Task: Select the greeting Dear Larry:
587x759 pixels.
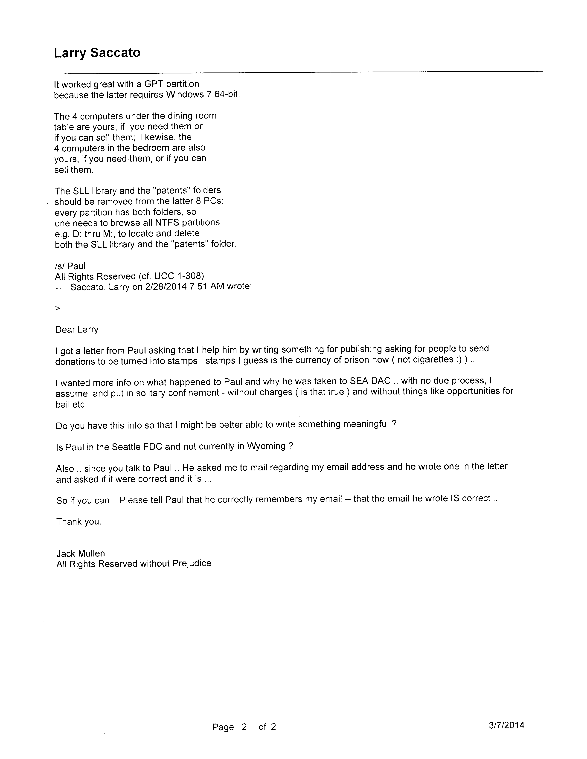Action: pos(78,330)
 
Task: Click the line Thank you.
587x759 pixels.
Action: pos(79,522)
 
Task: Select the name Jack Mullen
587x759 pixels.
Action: pos(81,553)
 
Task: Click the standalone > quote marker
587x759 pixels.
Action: pos(58,308)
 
